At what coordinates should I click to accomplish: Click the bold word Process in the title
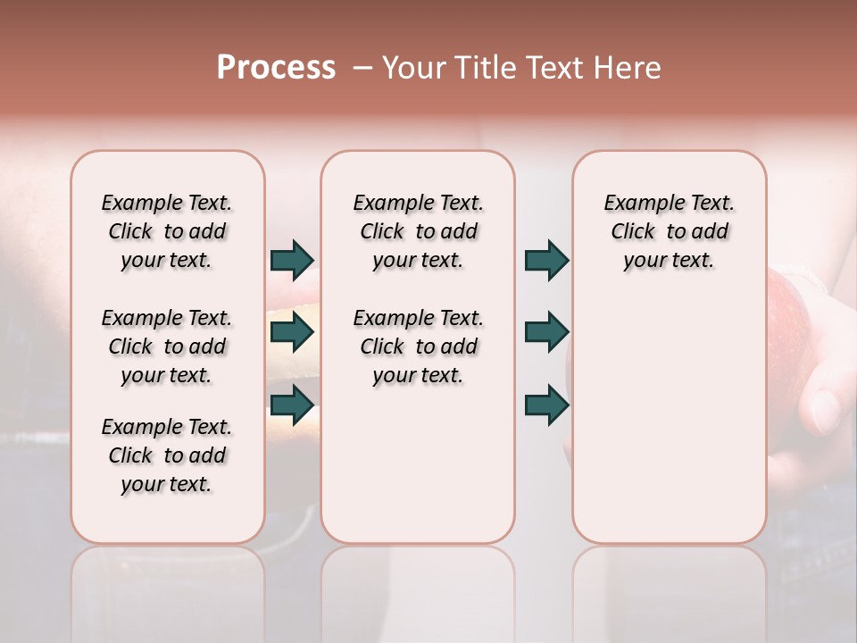click(276, 68)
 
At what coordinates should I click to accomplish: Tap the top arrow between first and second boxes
click(292, 261)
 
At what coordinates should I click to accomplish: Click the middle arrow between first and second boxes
click(292, 333)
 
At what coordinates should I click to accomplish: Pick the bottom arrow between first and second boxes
click(292, 405)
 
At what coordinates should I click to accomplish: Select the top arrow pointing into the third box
click(546, 261)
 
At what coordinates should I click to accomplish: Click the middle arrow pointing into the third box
click(546, 333)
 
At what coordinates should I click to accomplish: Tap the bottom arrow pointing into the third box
click(546, 405)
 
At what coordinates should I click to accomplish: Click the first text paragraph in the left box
click(167, 231)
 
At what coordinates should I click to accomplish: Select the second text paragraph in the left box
click(167, 347)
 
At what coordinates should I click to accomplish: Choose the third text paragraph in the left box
click(167, 455)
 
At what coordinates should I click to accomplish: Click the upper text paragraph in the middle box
click(418, 231)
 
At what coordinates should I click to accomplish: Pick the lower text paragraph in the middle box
click(418, 347)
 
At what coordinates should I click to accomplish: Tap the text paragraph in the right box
click(669, 231)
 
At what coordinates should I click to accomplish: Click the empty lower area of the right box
click(669, 429)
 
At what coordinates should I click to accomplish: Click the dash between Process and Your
click(362, 68)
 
